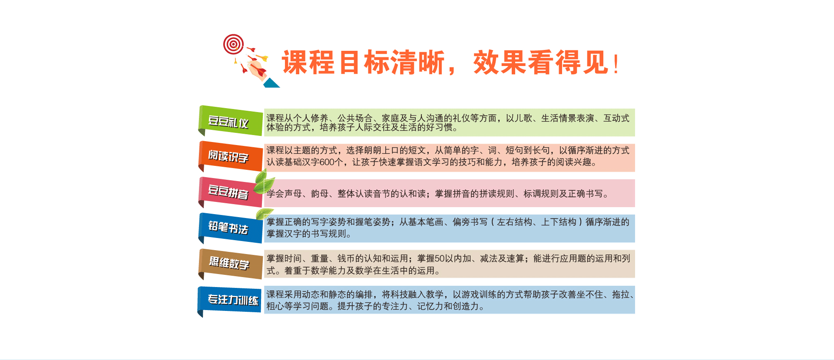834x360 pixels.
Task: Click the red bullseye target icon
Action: (x=233, y=44)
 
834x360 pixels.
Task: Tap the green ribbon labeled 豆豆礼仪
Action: (x=230, y=121)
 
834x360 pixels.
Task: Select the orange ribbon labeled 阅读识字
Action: (x=230, y=156)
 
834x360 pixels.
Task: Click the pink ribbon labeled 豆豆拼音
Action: (x=230, y=192)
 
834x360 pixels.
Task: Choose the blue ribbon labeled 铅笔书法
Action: (x=230, y=228)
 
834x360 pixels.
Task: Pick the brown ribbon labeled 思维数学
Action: (x=230, y=264)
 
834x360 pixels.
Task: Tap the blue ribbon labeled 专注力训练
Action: (x=230, y=301)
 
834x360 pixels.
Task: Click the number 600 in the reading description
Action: (x=327, y=162)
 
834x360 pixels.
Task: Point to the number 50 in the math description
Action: (x=440, y=259)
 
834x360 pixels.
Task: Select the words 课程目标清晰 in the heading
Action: (x=363, y=63)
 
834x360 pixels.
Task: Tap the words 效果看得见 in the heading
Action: (x=541, y=63)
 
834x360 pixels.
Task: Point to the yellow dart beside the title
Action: (x=262, y=57)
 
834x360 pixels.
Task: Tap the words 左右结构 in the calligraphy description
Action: (x=514, y=222)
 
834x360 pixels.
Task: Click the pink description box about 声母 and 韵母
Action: (x=449, y=193)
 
